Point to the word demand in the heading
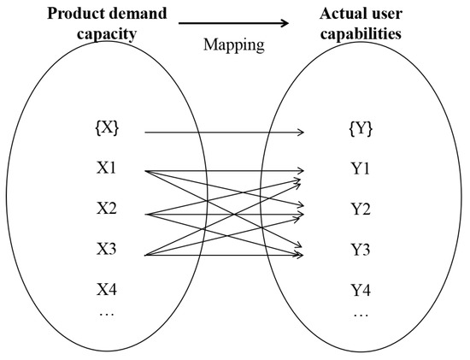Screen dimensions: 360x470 (x=138, y=14)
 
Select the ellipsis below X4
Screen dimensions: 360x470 (x=107, y=313)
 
